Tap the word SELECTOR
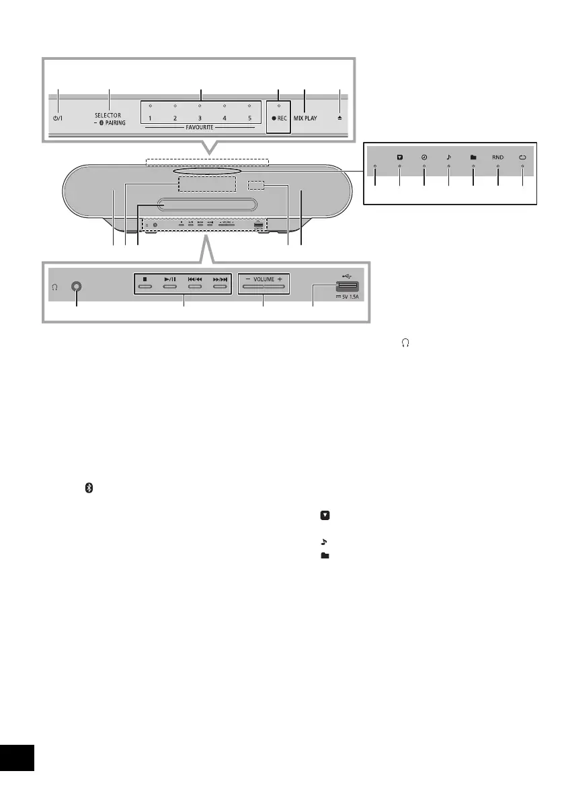coord(108,115)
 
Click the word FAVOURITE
coord(200,127)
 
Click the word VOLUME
coord(263,277)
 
